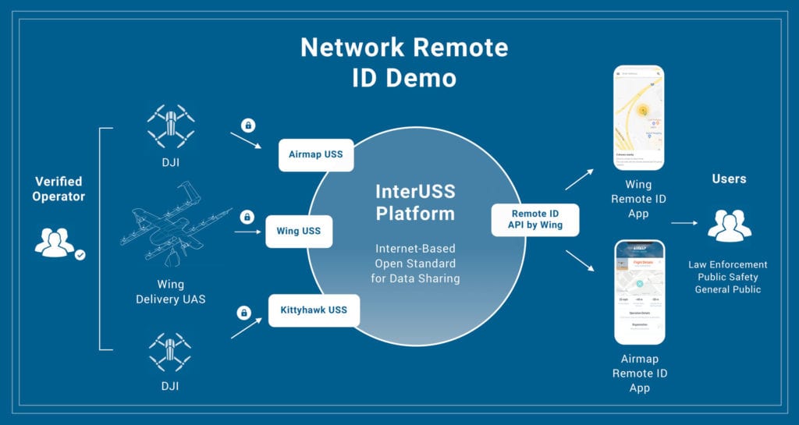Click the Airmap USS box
[316, 155]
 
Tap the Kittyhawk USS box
[314, 310]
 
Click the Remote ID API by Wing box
[534, 219]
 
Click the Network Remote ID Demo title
[404, 62]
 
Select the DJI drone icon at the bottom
[170, 352]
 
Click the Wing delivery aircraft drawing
[175, 226]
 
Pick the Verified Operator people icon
[56, 243]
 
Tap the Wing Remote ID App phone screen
[638, 118]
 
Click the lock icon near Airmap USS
[248, 125]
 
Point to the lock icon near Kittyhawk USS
[243, 313]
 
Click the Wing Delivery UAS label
[170, 292]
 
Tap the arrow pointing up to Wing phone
[578, 180]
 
